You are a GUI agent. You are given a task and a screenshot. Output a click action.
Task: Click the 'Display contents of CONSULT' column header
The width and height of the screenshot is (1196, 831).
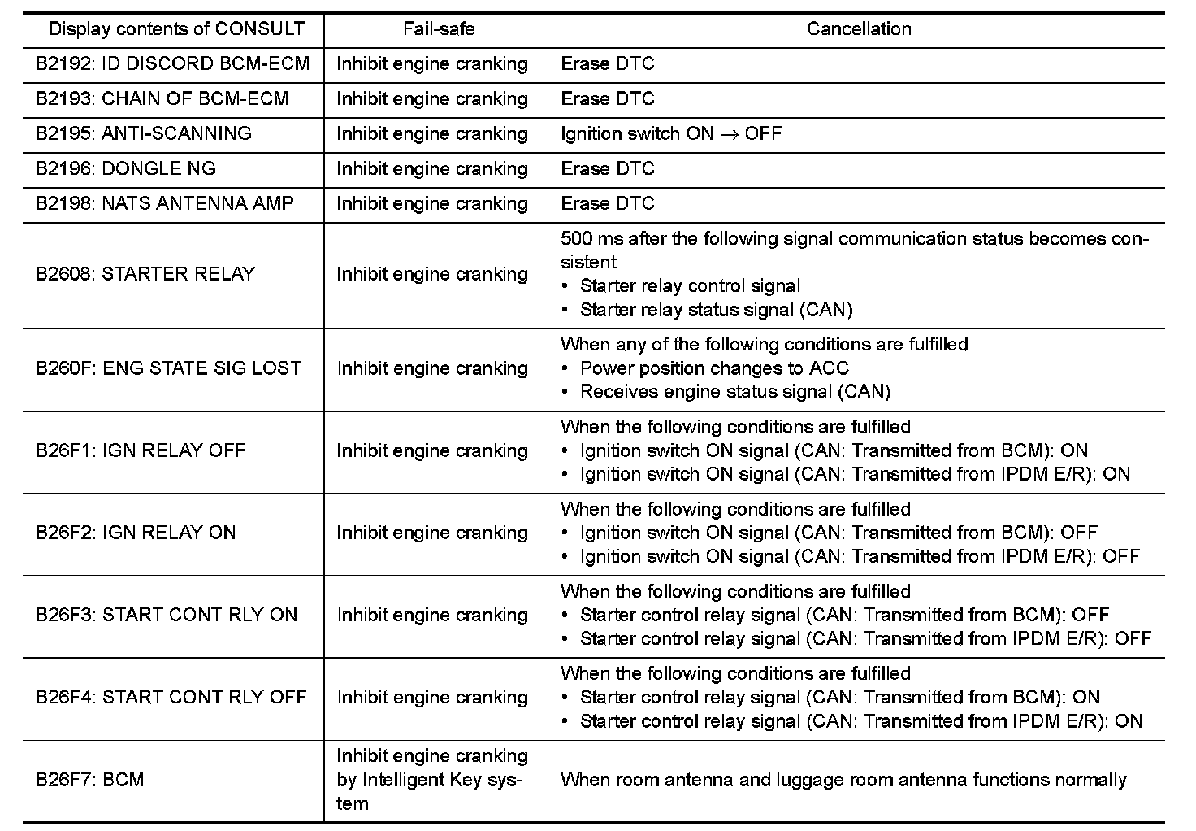(x=176, y=29)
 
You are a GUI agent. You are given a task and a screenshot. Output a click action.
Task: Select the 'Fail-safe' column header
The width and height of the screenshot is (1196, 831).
(x=438, y=29)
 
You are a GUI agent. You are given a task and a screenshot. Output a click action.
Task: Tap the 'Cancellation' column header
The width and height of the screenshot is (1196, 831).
(x=858, y=29)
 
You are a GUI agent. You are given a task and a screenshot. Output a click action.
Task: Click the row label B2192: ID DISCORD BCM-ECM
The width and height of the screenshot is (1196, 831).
(x=172, y=64)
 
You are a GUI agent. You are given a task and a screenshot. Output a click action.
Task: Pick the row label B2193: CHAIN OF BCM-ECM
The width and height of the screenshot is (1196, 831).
(x=162, y=99)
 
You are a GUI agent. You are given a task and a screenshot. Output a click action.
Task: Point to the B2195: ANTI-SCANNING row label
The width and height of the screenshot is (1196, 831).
(x=143, y=134)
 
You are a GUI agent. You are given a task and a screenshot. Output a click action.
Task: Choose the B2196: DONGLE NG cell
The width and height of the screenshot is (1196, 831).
(x=125, y=169)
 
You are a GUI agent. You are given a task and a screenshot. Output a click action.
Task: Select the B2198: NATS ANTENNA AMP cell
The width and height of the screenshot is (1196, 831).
(x=164, y=204)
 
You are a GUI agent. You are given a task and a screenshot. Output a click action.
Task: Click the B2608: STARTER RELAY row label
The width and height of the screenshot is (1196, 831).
(x=145, y=274)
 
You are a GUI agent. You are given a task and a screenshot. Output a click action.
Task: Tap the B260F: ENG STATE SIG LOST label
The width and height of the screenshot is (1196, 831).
(x=168, y=368)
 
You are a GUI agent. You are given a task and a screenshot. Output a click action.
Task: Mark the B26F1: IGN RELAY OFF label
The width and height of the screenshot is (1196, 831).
(x=140, y=450)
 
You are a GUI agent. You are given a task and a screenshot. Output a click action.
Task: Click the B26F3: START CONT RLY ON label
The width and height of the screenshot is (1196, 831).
(x=167, y=615)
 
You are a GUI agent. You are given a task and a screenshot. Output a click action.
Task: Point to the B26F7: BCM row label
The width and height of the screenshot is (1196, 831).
(x=89, y=780)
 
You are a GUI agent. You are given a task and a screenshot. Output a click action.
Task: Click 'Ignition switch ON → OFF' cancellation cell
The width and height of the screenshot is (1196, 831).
(x=670, y=134)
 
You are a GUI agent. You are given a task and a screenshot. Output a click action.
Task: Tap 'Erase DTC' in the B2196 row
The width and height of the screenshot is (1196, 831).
(x=607, y=169)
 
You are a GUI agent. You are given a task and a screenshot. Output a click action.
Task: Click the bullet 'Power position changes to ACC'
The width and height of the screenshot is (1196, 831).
(x=714, y=368)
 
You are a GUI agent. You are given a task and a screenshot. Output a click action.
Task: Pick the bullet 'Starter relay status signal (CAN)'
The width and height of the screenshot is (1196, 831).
(x=716, y=310)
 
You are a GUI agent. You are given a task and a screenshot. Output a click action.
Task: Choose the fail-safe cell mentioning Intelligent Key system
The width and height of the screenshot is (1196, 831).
(x=431, y=780)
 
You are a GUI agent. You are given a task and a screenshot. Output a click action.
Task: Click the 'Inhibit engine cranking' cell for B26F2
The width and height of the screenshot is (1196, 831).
(x=431, y=533)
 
